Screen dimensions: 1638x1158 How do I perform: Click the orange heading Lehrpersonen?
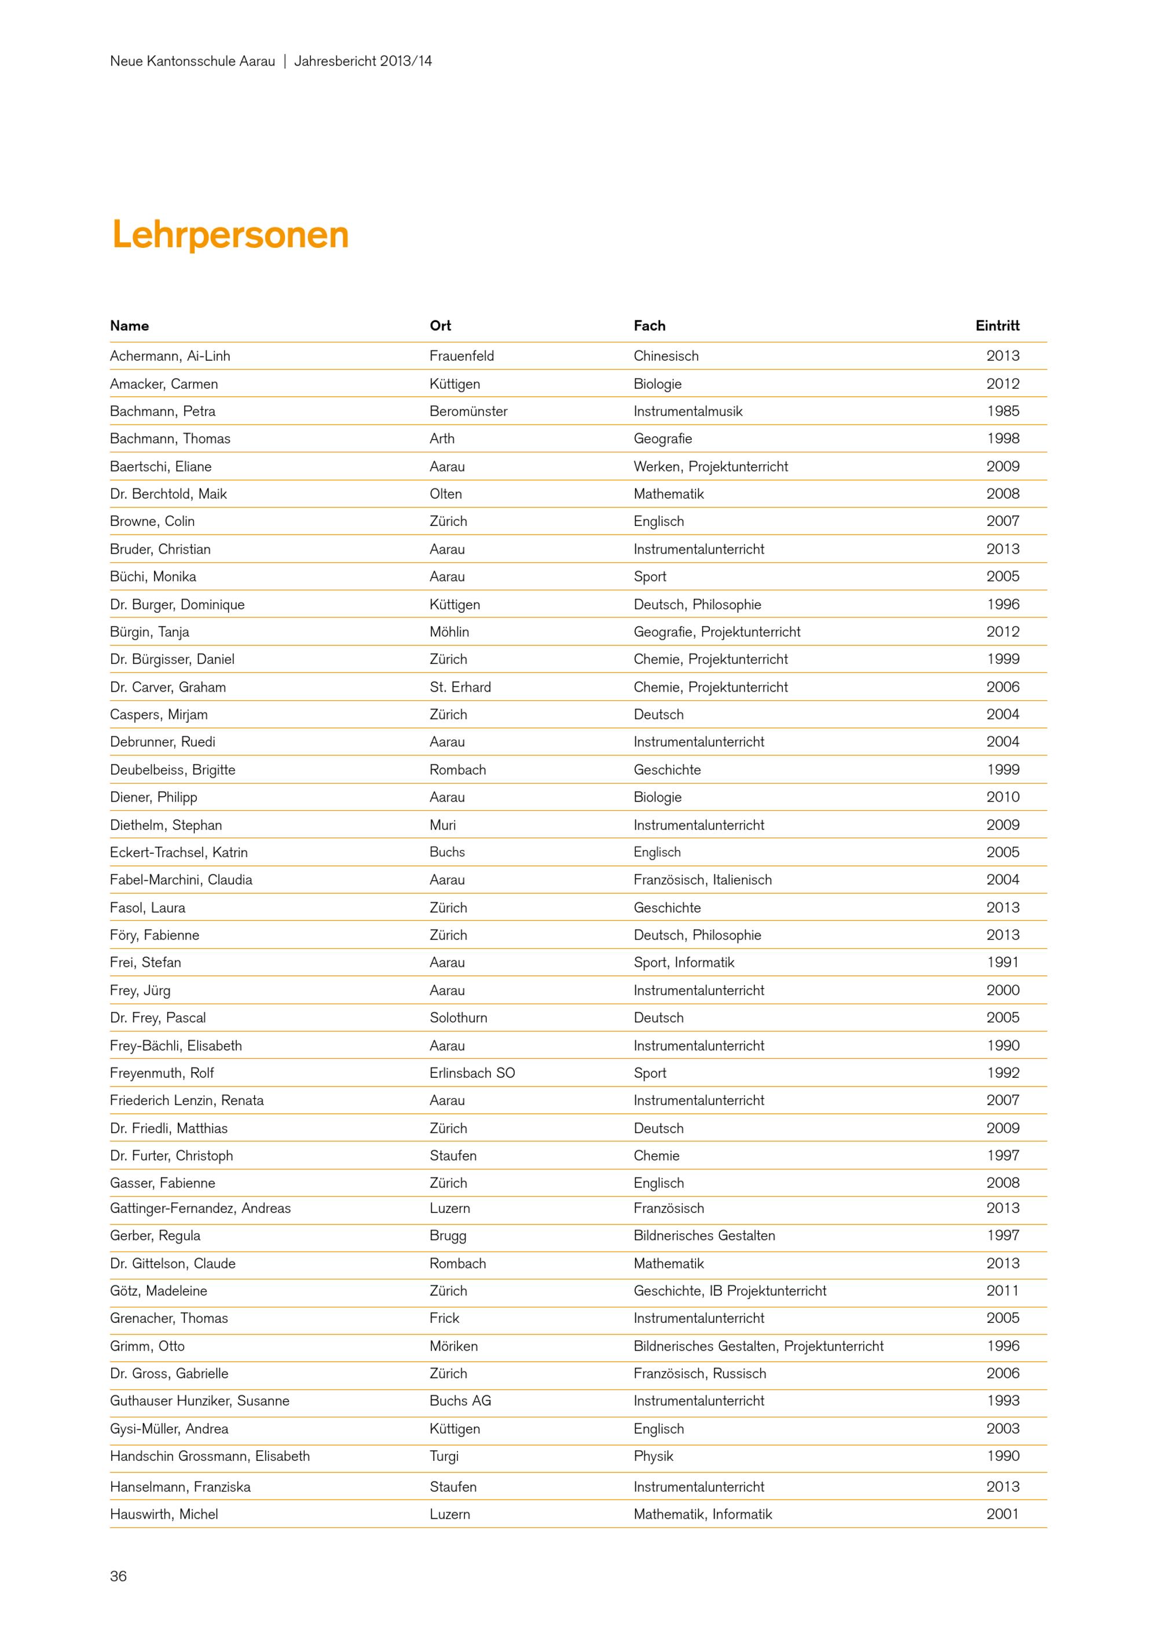[230, 235]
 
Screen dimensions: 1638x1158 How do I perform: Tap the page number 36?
[118, 1576]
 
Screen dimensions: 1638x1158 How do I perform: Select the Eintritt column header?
[997, 326]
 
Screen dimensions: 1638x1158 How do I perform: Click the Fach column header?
[649, 326]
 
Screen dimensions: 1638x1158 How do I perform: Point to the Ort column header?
[440, 326]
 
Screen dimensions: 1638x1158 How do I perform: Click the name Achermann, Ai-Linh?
[170, 356]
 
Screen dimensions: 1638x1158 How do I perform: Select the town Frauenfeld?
[461, 356]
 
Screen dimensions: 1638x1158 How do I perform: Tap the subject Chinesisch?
[666, 356]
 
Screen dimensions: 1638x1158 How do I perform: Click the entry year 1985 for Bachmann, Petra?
[1003, 411]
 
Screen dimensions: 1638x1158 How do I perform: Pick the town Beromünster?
[468, 411]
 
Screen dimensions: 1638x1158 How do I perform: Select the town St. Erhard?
[460, 687]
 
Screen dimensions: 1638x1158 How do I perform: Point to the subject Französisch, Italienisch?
[702, 880]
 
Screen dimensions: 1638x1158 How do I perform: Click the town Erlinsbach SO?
[472, 1073]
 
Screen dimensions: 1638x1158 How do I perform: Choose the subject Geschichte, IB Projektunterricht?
[730, 1290]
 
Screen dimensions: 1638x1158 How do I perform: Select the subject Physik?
[653, 1456]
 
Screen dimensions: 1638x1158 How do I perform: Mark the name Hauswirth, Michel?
[164, 1514]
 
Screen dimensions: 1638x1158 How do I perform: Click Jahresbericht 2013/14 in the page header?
[363, 61]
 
